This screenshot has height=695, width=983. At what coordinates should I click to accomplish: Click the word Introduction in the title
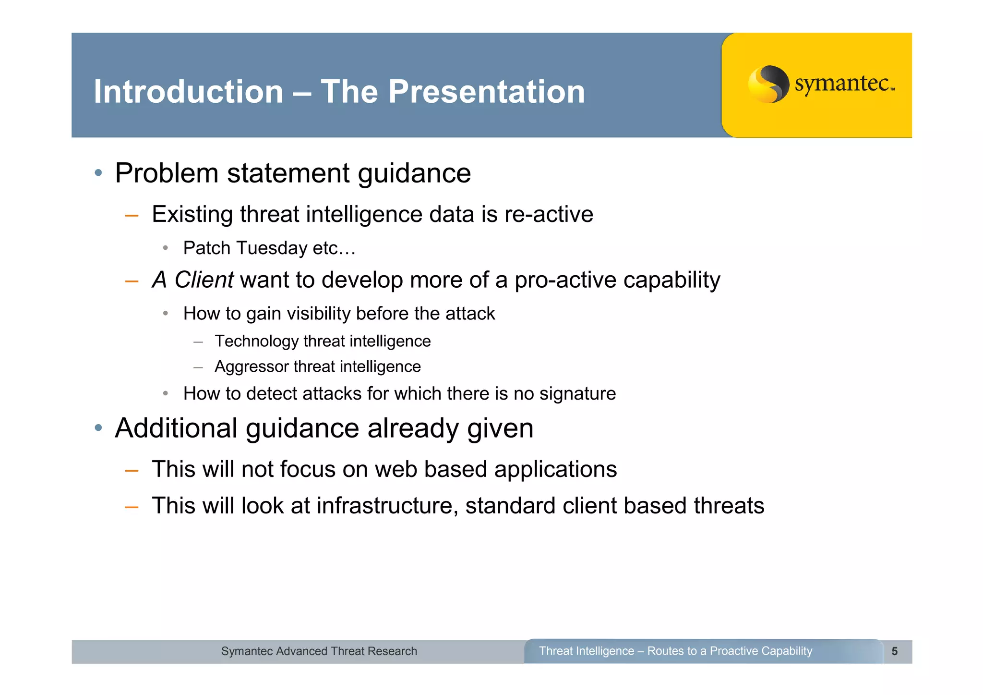tap(188, 92)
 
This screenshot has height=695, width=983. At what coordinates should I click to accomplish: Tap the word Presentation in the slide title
tap(486, 92)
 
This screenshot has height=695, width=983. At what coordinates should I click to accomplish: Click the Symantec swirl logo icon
tap(768, 84)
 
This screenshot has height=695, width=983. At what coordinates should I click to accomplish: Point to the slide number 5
tap(894, 651)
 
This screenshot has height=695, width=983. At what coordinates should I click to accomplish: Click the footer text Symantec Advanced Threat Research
tap(319, 651)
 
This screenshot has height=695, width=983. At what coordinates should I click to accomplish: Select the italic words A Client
tap(193, 280)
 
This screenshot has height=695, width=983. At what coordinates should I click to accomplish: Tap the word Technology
tap(257, 341)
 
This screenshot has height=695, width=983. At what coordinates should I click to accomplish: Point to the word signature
tap(577, 394)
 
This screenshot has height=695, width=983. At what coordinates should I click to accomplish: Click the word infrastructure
tap(387, 506)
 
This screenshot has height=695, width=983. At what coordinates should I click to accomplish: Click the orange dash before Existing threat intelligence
tap(132, 216)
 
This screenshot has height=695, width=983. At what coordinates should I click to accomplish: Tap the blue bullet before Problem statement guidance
tap(98, 173)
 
